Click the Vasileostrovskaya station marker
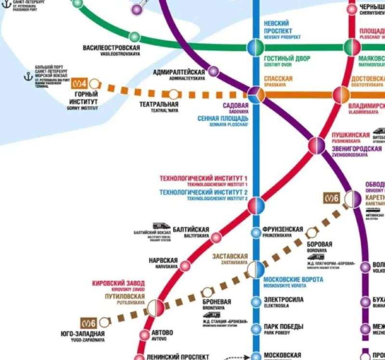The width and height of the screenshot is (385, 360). tap(135, 37)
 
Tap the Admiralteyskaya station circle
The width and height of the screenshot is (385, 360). tap(213, 71)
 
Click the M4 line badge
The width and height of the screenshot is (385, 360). tap(79, 84)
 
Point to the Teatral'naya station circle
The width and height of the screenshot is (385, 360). tap(173, 94)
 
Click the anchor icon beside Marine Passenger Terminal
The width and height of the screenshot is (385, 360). tap(28, 76)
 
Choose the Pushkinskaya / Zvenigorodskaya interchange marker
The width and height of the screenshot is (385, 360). tap(317, 145)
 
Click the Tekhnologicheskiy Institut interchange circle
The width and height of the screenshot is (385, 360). tap(256, 205)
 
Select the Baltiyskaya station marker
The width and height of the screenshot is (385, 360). tap(217, 237)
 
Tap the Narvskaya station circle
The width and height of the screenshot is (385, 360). tap(185, 265)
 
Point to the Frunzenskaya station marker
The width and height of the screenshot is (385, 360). tap(256, 233)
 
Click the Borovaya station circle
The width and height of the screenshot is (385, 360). tap(312, 233)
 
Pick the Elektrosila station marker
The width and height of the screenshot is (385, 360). tap(256, 302)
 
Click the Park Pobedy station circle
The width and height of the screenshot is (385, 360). tap(256, 329)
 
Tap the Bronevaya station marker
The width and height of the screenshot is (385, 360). tap(207, 292)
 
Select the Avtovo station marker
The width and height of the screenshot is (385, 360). tap(145, 335)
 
